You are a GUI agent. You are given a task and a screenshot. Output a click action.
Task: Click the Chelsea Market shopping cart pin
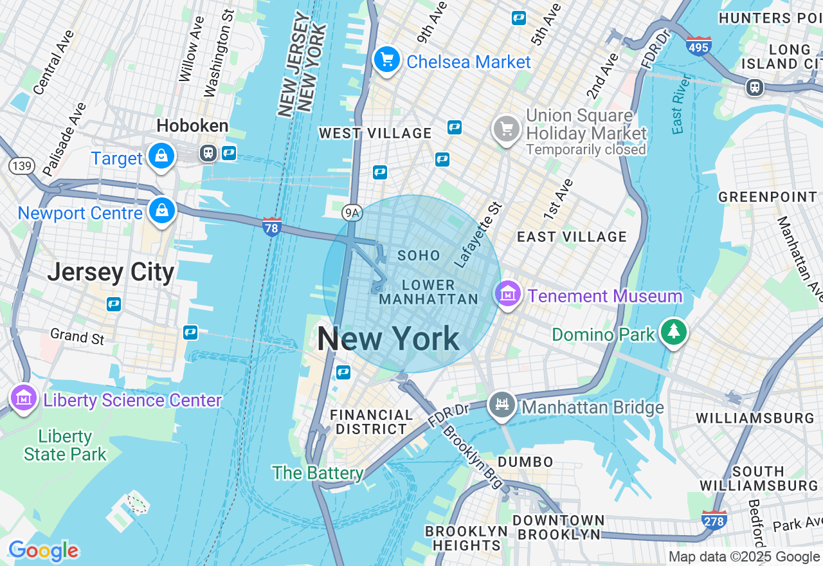click(386, 60)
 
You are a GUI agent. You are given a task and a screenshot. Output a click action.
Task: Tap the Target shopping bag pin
click(161, 156)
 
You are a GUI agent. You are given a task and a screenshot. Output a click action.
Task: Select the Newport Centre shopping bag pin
click(161, 211)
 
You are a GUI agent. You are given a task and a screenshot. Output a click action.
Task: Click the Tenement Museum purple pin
click(508, 294)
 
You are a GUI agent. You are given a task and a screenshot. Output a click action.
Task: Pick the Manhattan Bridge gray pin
click(502, 405)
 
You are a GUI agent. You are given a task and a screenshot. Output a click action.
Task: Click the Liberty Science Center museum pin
click(24, 399)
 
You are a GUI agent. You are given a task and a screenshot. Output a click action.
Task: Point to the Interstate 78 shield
click(272, 226)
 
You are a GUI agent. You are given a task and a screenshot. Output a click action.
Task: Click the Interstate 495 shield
click(699, 46)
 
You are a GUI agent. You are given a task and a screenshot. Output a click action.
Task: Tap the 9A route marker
click(351, 212)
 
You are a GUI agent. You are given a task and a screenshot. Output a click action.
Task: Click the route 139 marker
click(21, 167)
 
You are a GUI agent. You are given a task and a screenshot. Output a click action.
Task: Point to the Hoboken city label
click(192, 125)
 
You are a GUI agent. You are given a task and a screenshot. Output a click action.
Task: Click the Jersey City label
click(111, 273)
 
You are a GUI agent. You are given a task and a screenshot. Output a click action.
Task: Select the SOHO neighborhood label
click(419, 255)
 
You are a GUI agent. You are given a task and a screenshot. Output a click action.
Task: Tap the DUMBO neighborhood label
click(525, 461)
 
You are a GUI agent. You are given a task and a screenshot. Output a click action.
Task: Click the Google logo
click(43, 551)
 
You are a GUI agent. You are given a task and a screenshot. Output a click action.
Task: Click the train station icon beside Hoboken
click(208, 153)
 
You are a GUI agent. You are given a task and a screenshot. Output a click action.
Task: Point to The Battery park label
click(318, 473)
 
